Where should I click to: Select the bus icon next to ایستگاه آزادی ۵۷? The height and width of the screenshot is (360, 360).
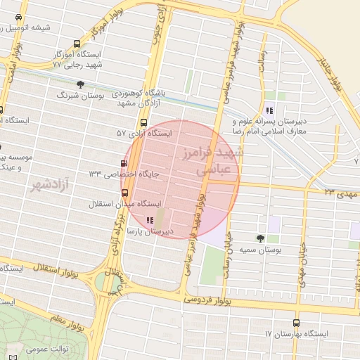(144, 122)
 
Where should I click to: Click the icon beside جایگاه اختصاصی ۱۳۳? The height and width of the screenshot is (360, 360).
(125, 174)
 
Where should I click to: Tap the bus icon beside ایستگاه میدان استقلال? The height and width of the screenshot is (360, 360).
(124, 192)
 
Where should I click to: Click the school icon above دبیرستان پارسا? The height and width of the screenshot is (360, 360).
(149, 220)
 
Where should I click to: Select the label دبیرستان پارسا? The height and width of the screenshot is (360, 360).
(155, 231)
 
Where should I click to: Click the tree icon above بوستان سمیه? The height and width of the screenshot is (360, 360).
(261, 238)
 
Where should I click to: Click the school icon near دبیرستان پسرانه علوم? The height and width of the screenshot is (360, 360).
(269, 110)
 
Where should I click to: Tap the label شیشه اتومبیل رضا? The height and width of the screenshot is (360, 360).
(37, 27)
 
